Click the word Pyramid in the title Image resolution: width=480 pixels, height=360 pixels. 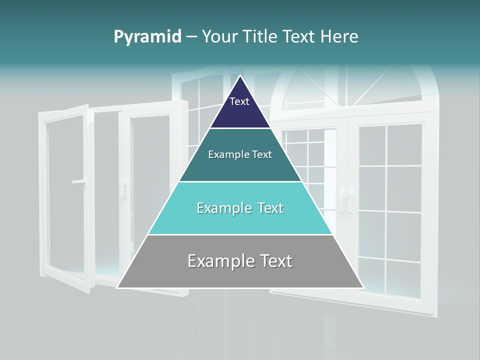[x=147, y=37]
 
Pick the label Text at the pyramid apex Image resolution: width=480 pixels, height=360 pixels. [x=239, y=101]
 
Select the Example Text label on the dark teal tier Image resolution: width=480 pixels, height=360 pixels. [x=240, y=154]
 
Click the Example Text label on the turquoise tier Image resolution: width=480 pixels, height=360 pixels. [x=240, y=208]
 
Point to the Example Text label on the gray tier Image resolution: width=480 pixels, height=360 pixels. [x=240, y=261]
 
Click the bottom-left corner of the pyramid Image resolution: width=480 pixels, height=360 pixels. [x=117, y=287]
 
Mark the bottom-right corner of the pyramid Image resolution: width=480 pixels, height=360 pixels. [x=363, y=287]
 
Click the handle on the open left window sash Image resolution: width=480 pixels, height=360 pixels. [x=78, y=182]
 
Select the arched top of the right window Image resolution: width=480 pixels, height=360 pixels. [x=355, y=85]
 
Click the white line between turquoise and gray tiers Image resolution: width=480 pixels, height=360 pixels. [x=240, y=234]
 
